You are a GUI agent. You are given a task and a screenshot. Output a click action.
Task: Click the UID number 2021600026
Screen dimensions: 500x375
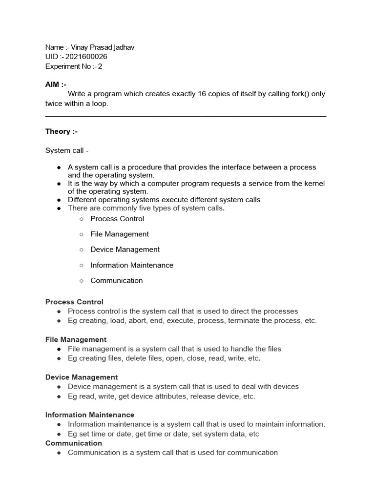coord(86,57)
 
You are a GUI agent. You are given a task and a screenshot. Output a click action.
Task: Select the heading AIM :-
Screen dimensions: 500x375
coord(56,84)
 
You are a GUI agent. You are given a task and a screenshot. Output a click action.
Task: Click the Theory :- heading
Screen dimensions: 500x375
coord(61,131)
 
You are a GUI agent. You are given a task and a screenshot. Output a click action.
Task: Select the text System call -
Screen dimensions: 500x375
coord(67,151)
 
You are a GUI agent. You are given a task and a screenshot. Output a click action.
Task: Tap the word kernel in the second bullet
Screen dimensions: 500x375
coord(314,184)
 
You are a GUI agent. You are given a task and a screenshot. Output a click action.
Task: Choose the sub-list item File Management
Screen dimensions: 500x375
coord(120,234)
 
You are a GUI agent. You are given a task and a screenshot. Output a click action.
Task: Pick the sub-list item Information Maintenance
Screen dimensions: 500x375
coord(132,265)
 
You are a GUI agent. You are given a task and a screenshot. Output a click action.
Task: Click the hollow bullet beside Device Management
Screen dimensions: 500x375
coord(81,250)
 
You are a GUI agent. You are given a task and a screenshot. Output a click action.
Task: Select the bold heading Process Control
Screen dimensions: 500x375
coord(74,302)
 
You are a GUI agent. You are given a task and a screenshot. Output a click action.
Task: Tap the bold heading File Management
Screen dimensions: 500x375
coord(76,339)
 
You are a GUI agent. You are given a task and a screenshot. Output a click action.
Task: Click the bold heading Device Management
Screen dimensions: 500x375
coord(82,377)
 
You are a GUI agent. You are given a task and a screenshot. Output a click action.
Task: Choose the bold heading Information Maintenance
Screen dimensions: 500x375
coord(90,415)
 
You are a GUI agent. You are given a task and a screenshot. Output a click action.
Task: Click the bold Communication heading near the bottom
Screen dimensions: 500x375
coord(74,443)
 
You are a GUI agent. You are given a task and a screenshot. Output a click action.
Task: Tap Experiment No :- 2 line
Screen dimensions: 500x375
coord(74,66)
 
